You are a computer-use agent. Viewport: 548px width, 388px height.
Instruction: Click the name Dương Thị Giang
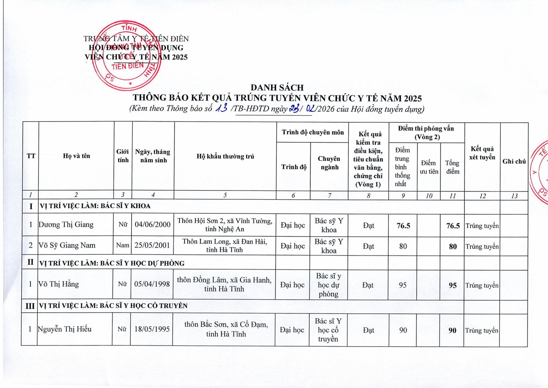[x=66, y=225]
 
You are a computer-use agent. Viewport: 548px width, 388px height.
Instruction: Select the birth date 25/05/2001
[x=152, y=245]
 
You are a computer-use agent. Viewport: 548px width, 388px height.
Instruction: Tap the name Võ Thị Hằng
[x=59, y=284]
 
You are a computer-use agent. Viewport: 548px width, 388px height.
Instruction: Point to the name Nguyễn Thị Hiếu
[x=65, y=329]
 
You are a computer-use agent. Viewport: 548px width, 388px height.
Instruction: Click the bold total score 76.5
[x=453, y=226]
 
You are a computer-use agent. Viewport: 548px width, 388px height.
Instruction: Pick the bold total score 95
[x=452, y=285]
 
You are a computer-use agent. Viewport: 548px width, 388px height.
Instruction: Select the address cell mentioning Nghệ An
[x=225, y=225]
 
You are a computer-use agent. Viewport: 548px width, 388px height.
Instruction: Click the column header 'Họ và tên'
[x=76, y=156]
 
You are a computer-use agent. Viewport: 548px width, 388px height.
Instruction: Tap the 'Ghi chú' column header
[x=514, y=161]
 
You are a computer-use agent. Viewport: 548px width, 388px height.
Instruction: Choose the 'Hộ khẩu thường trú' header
[x=225, y=157]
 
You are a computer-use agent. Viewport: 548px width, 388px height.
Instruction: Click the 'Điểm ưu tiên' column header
[x=429, y=167]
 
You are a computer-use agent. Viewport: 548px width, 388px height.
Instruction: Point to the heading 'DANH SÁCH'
[x=277, y=88]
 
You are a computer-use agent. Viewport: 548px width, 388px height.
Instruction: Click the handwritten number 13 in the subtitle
[x=222, y=109]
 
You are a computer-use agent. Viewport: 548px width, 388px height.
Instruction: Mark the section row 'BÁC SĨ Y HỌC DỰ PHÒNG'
[x=112, y=263]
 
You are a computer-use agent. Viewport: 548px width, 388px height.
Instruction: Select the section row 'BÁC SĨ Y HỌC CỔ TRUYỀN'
[x=113, y=305]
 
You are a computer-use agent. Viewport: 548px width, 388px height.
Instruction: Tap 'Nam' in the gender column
[x=123, y=245]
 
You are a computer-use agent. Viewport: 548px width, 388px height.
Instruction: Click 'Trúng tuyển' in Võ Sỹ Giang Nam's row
[x=482, y=247]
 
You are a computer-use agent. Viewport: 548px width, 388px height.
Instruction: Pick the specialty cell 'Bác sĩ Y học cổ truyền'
[x=328, y=330]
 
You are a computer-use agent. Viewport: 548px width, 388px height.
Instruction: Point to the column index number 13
[x=514, y=196]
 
